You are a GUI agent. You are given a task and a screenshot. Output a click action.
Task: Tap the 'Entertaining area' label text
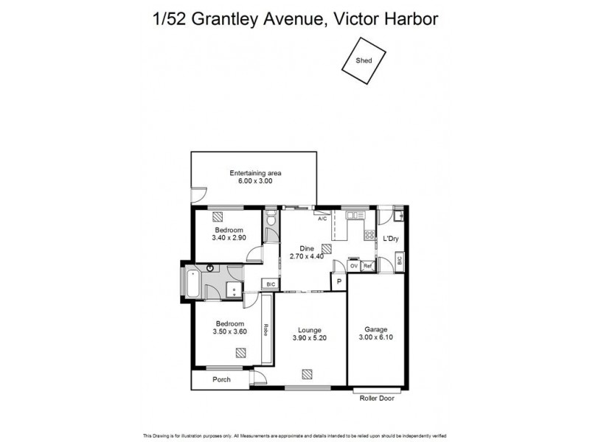coord(255,173)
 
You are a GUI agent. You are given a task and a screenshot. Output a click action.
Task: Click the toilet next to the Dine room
coord(271,219)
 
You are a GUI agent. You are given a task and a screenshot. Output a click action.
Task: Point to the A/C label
coord(322,219)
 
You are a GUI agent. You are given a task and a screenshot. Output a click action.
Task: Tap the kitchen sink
coord(352,215)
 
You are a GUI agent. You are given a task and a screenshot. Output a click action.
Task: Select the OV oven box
coord(354,265)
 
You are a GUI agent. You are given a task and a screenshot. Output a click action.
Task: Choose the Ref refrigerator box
coord(367,265)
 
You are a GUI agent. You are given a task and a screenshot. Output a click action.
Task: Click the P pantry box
coord(339,282)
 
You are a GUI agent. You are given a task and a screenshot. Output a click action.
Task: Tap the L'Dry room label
coord(390,239)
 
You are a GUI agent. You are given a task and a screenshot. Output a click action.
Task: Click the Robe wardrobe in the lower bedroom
coord(267,330)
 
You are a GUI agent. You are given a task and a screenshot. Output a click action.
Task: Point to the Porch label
coord(221,379)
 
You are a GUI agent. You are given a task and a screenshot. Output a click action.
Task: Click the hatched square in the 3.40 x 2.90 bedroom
coord(218,217)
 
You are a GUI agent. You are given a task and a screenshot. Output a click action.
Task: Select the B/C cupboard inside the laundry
coord(399,260)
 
